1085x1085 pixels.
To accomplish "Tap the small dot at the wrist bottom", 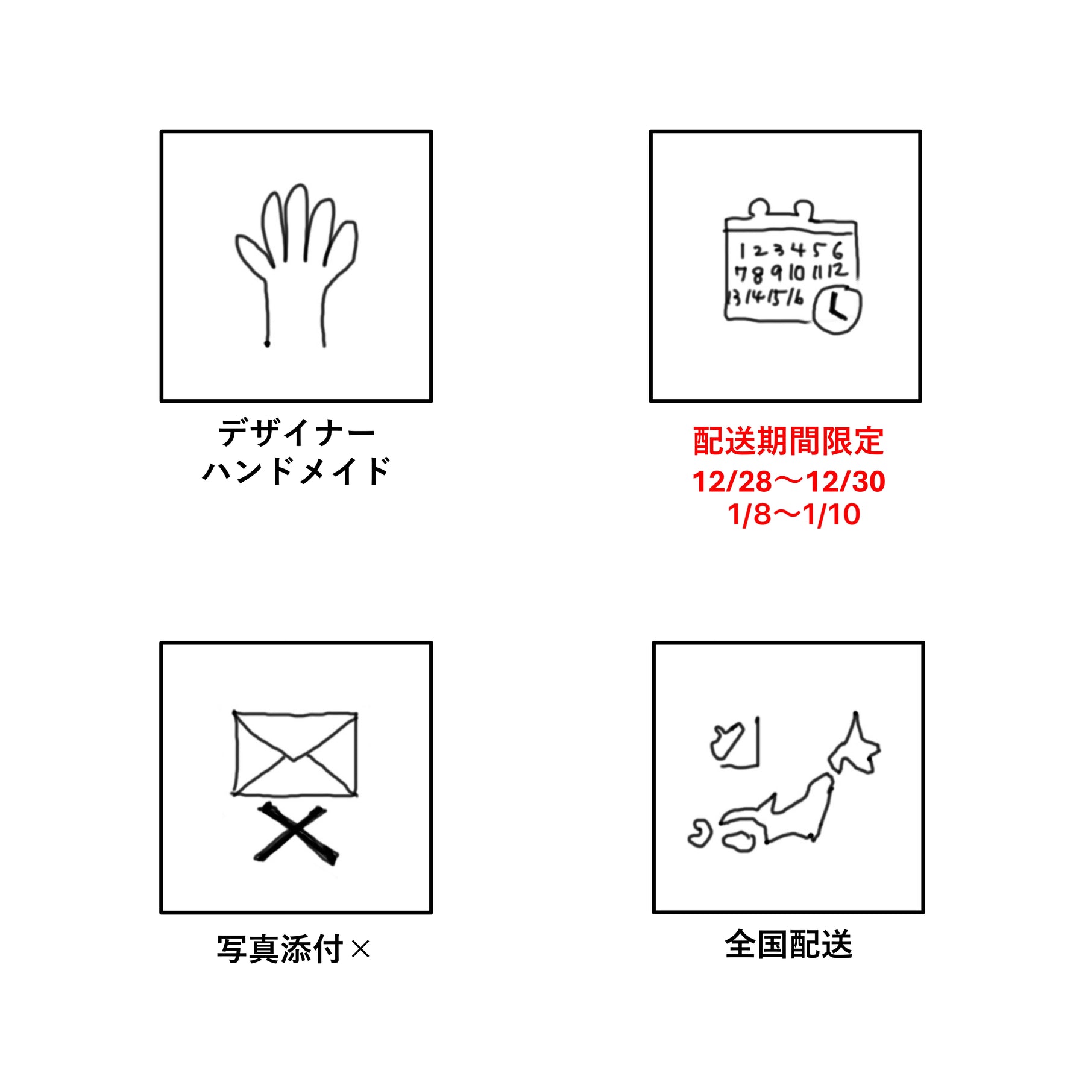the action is point(267,344).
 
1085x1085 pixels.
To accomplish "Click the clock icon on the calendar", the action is point(837,310).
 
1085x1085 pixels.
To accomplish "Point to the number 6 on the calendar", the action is point(837,250).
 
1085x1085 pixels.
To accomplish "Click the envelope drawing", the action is point(295,753).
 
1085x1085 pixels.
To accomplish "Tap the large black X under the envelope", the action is point(296,834).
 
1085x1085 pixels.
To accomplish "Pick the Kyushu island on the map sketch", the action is point(700,834).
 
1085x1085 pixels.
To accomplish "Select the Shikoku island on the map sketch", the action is point(738,841).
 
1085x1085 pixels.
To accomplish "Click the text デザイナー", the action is point(296,432).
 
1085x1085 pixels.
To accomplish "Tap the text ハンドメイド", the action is point(296,471).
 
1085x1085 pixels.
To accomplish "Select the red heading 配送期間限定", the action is point(788,441).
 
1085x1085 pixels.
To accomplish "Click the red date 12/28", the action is point(732,482).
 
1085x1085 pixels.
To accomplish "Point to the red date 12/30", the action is point(846,482).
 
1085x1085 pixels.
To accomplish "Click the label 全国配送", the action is point(788,944).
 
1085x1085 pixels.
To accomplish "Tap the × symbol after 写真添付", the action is point(360,950).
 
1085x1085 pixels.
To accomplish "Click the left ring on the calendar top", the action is point(759,208).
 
